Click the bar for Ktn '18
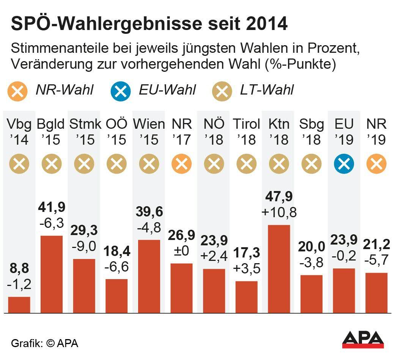point(279,269)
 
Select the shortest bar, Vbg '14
point(19,305)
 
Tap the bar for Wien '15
point(149,276)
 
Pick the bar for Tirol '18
point(246,297)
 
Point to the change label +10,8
point(279,212)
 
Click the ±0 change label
point(181,251)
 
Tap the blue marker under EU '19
point(344,164)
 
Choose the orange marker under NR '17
point(181,164)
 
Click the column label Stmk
point(84,124)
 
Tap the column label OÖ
point(116,124)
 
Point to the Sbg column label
point(311,124)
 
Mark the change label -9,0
point(84,246)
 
